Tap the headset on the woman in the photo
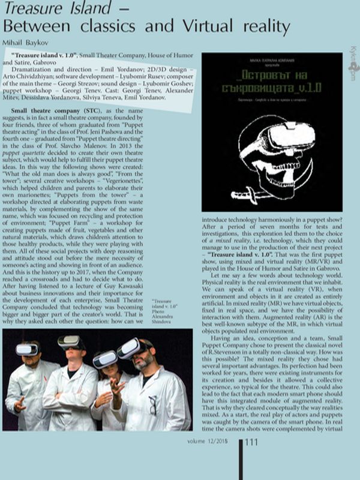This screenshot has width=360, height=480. point(106,359)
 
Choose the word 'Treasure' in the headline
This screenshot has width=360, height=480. point(36,8)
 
